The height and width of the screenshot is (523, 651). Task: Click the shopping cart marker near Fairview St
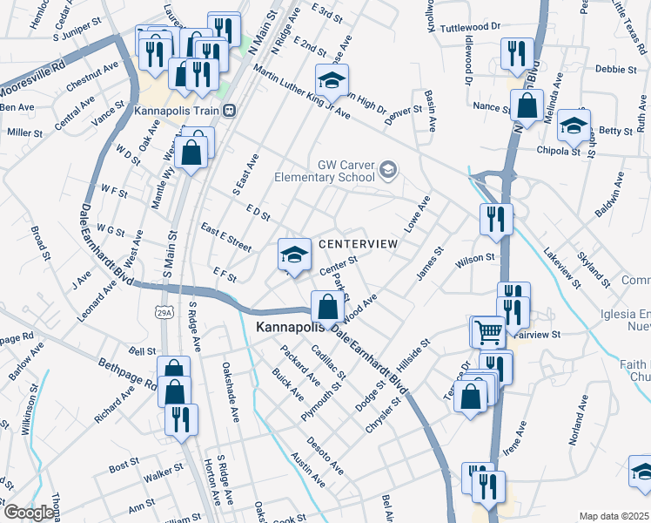[x=487, y=330]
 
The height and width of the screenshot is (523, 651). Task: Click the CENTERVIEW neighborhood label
[x=358, y=244]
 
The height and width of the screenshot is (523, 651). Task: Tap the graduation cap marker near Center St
[x=295, y=254]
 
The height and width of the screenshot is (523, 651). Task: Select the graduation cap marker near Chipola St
[x=574, y=125]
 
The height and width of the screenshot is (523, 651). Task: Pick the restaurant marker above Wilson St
[x=496, y=219]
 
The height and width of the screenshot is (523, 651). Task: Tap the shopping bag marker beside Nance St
[x=527, y=106]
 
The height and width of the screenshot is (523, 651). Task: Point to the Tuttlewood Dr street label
[x=471, y=27]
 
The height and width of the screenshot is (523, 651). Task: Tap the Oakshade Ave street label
[x=231, y=392]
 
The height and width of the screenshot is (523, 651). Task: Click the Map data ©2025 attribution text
[x=614, y=516]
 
